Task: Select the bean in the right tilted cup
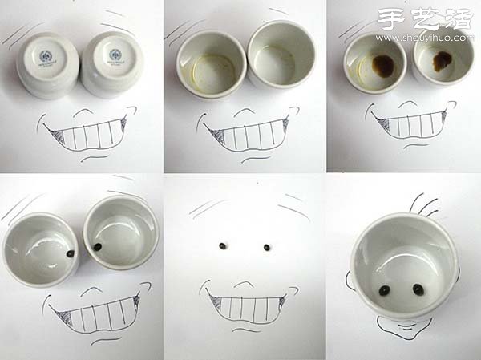(97, 247)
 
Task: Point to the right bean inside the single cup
(417, 289)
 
